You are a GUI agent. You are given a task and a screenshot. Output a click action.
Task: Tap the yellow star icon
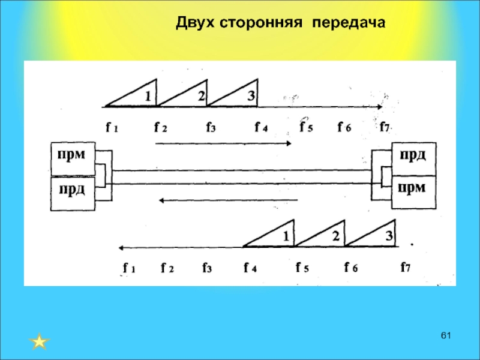[39, 342]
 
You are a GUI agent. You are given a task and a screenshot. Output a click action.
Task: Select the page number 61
[445, 334]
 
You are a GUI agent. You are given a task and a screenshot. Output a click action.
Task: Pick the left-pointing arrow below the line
[228, 200]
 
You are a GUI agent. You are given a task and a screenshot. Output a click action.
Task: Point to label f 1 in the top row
[112, 127]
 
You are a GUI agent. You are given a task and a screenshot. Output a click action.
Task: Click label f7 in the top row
[385, 127]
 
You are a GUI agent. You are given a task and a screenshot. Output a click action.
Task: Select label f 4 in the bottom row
[250, 268]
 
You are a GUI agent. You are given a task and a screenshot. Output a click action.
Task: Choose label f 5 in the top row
[306, 127]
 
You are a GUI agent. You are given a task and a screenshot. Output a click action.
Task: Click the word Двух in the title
[196, 23]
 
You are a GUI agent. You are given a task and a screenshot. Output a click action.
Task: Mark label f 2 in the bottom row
[167, 268]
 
